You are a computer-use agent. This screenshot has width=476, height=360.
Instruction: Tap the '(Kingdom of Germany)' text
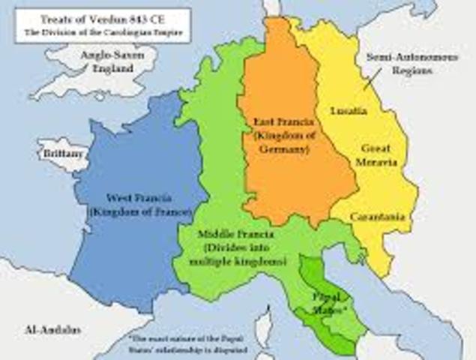tap(280, 142)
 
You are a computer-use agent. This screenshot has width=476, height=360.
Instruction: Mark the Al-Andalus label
tap(44, 328)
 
